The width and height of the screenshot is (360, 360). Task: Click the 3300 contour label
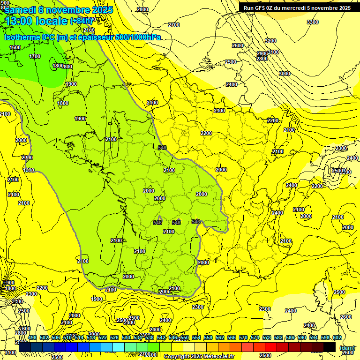[x=312, y=22]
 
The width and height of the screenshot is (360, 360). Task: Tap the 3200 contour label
[x=270, y=41]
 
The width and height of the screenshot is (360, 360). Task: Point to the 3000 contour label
[x=284, y=74]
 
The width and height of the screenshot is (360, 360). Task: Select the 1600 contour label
[x=15, y=47]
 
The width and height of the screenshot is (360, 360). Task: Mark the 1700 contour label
[x=35, y=56]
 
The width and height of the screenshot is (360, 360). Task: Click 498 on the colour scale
[x=32, y=337]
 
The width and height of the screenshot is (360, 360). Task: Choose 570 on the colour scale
[x=243, y=337]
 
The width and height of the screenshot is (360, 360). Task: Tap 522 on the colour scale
[x=103, y=337]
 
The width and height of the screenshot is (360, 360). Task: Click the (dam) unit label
[x=347, y=348]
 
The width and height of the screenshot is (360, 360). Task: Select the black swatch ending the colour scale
[x=329, y=347]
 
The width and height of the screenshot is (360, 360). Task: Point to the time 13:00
[x=20, y=21]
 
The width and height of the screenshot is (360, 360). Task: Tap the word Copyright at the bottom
[x=177, y=357]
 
